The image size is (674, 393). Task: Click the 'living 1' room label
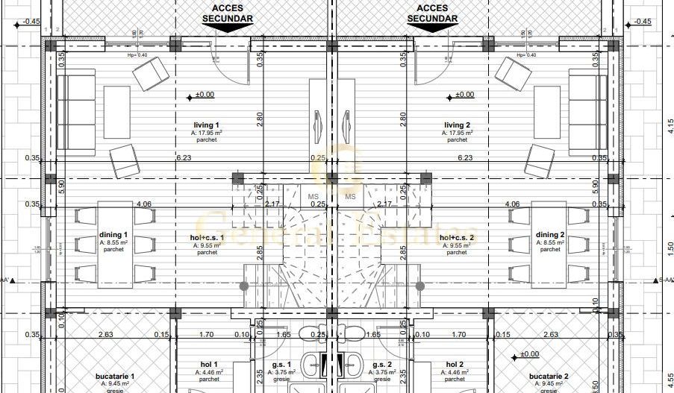[x=207, y=125]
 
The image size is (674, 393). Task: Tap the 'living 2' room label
[x=457, y=125]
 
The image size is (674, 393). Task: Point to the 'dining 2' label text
[x=550, y=235]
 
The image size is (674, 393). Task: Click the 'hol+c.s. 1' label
[x=207, y=238]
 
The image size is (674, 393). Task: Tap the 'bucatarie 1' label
[x=115, y=377]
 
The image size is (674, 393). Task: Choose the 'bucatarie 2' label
[x=549, y=377]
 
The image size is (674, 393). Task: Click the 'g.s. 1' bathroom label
[x=282, y=365]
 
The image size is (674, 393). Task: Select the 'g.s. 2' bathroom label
[x=381, y=365]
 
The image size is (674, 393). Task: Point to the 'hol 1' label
[x=207, y=365]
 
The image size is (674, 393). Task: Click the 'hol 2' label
[x=455, y=365]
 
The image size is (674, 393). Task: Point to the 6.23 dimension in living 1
[x=184, y=157]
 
